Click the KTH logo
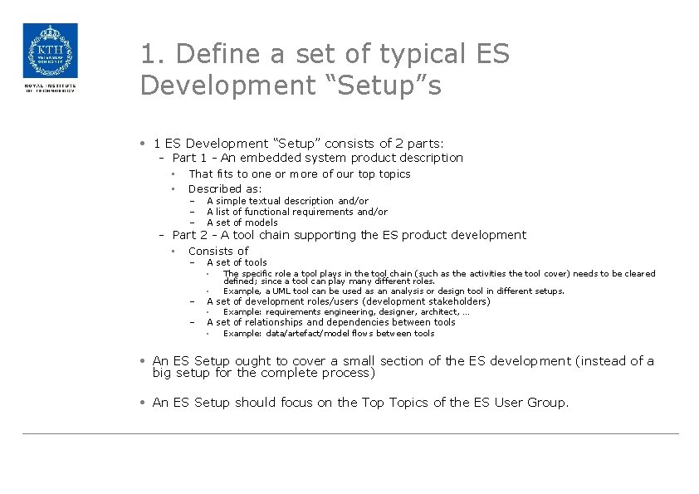click(x=50, y=51)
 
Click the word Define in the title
click(x=205, y=55)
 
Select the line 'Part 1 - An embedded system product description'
click(x=317, y=158)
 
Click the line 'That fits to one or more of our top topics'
click(x=299, y=174)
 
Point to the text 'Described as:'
click(x=225, y=188)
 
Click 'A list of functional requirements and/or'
click(x=296, y=212)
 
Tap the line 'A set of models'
click(x=242, y=223)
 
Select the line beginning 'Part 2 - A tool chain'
click(x=349, y=235)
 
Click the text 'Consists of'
click(x=218, y=251)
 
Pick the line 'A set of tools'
click(x=237, y=262)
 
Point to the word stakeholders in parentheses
click(x=460, y=301)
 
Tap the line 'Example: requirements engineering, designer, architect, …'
click(x=346, y=312)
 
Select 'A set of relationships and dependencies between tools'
click(x=330, y=322)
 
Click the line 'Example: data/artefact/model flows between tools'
click(x=329, y=334)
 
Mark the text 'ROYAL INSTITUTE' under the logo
click(x=50, y=85)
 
